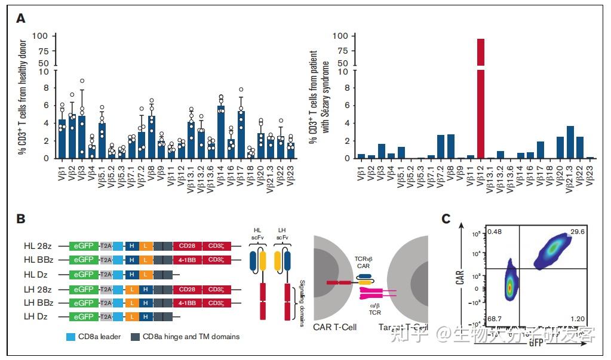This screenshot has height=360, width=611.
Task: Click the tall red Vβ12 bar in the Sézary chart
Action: (480, 107)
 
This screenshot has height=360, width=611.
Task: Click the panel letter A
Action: (21, 19)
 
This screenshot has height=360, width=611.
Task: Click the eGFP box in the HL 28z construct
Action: (84, 245)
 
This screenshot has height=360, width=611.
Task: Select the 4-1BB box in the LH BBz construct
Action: (187, 303)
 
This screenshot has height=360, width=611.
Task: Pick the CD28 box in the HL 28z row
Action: (187, 245)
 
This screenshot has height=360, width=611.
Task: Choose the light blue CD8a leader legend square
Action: (69, 337)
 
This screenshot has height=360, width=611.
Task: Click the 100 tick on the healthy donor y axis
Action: (56, 36)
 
